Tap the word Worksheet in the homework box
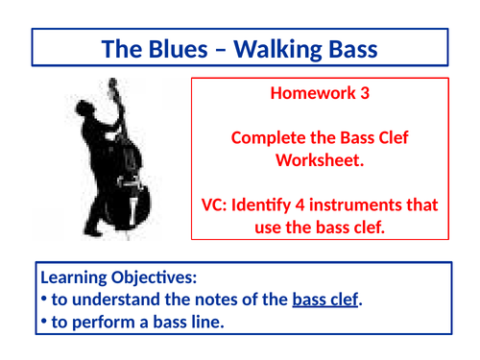coord(321,160)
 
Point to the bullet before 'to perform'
coord(44,322)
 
